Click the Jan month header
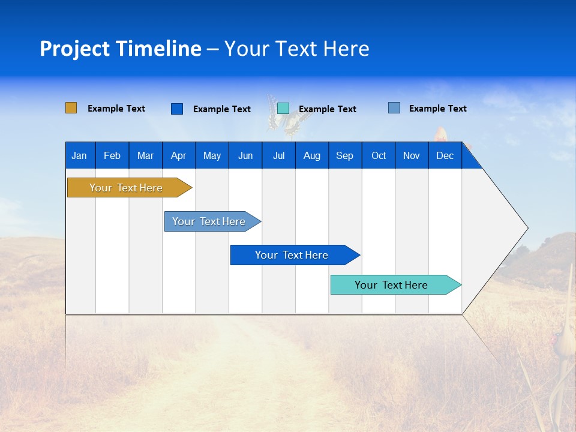tap(79, 155)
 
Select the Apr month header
tap(178, 155)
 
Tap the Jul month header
tap(278, 155)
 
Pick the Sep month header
tap(344, 155)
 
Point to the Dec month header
tap(445, 155)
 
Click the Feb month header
tap(112, 155)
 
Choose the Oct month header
tap(379, 155)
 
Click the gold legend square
tap(71, 108)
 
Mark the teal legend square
tap(283, 109)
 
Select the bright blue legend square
tap(177, 109)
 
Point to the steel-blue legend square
tap(394, 108)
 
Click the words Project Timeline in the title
tap(121, 49)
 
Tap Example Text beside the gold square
tap(116, 109)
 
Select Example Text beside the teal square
tap(328, 109)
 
